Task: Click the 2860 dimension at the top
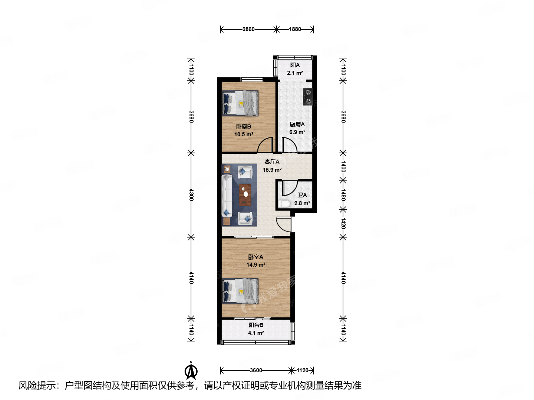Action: [x=248, y=29]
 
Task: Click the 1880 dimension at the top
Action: [x=295, y=29]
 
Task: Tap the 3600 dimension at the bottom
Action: [x=256, y=370]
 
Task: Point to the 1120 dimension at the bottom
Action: [x=303, y=370]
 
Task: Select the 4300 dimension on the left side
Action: [x=191, y=194]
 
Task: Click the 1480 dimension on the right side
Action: [x=343, y=194]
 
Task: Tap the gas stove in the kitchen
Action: [x=307, y=97]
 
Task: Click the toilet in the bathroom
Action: [x=285, y=203]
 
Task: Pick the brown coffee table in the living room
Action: [x=245, y=195]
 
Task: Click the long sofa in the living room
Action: [x=227, y=196]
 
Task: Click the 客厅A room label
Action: [x=272, y=162]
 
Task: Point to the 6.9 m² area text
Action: [x=297, y=132]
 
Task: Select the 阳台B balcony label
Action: [x=256, y=325]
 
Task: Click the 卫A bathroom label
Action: [x=302, y=195]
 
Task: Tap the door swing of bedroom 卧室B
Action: [x=266, y=145]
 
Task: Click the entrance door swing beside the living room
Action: [x=283, y=224]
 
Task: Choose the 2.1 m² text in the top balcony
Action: [x=295, y=73]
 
